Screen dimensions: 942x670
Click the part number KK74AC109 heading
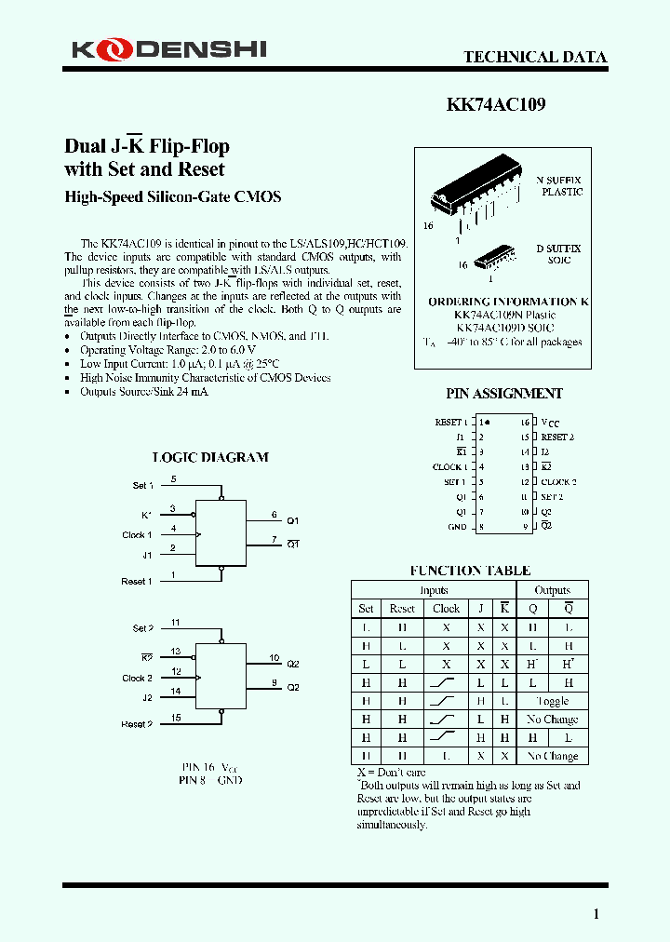496,105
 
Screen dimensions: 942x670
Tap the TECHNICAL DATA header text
535,57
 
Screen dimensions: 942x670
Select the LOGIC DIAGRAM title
210,457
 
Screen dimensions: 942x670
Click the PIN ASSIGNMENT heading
503,394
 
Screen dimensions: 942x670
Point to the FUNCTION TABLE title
470,571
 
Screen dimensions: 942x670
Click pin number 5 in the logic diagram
173,479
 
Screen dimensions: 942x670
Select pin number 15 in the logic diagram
175,718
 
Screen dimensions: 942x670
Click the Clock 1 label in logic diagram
137,535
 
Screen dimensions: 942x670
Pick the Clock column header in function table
446,609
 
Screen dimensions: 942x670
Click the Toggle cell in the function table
552,701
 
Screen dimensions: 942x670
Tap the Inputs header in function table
434,590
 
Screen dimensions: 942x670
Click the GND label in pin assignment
457,527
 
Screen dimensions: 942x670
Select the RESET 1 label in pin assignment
451,423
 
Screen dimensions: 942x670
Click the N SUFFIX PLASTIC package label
559,185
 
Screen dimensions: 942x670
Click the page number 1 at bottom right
596,914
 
